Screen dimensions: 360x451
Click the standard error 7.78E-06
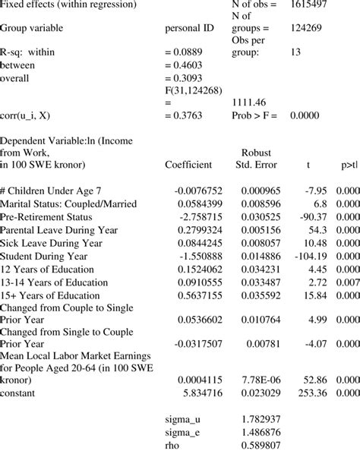point(261,377)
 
